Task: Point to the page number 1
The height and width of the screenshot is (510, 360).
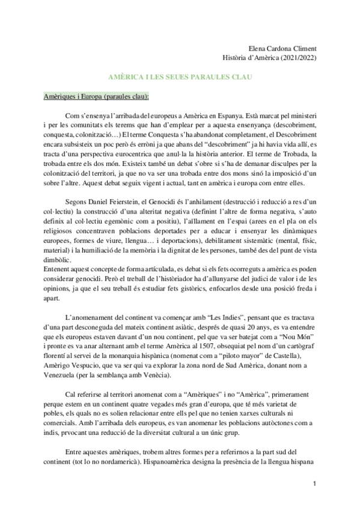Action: (314, 484)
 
